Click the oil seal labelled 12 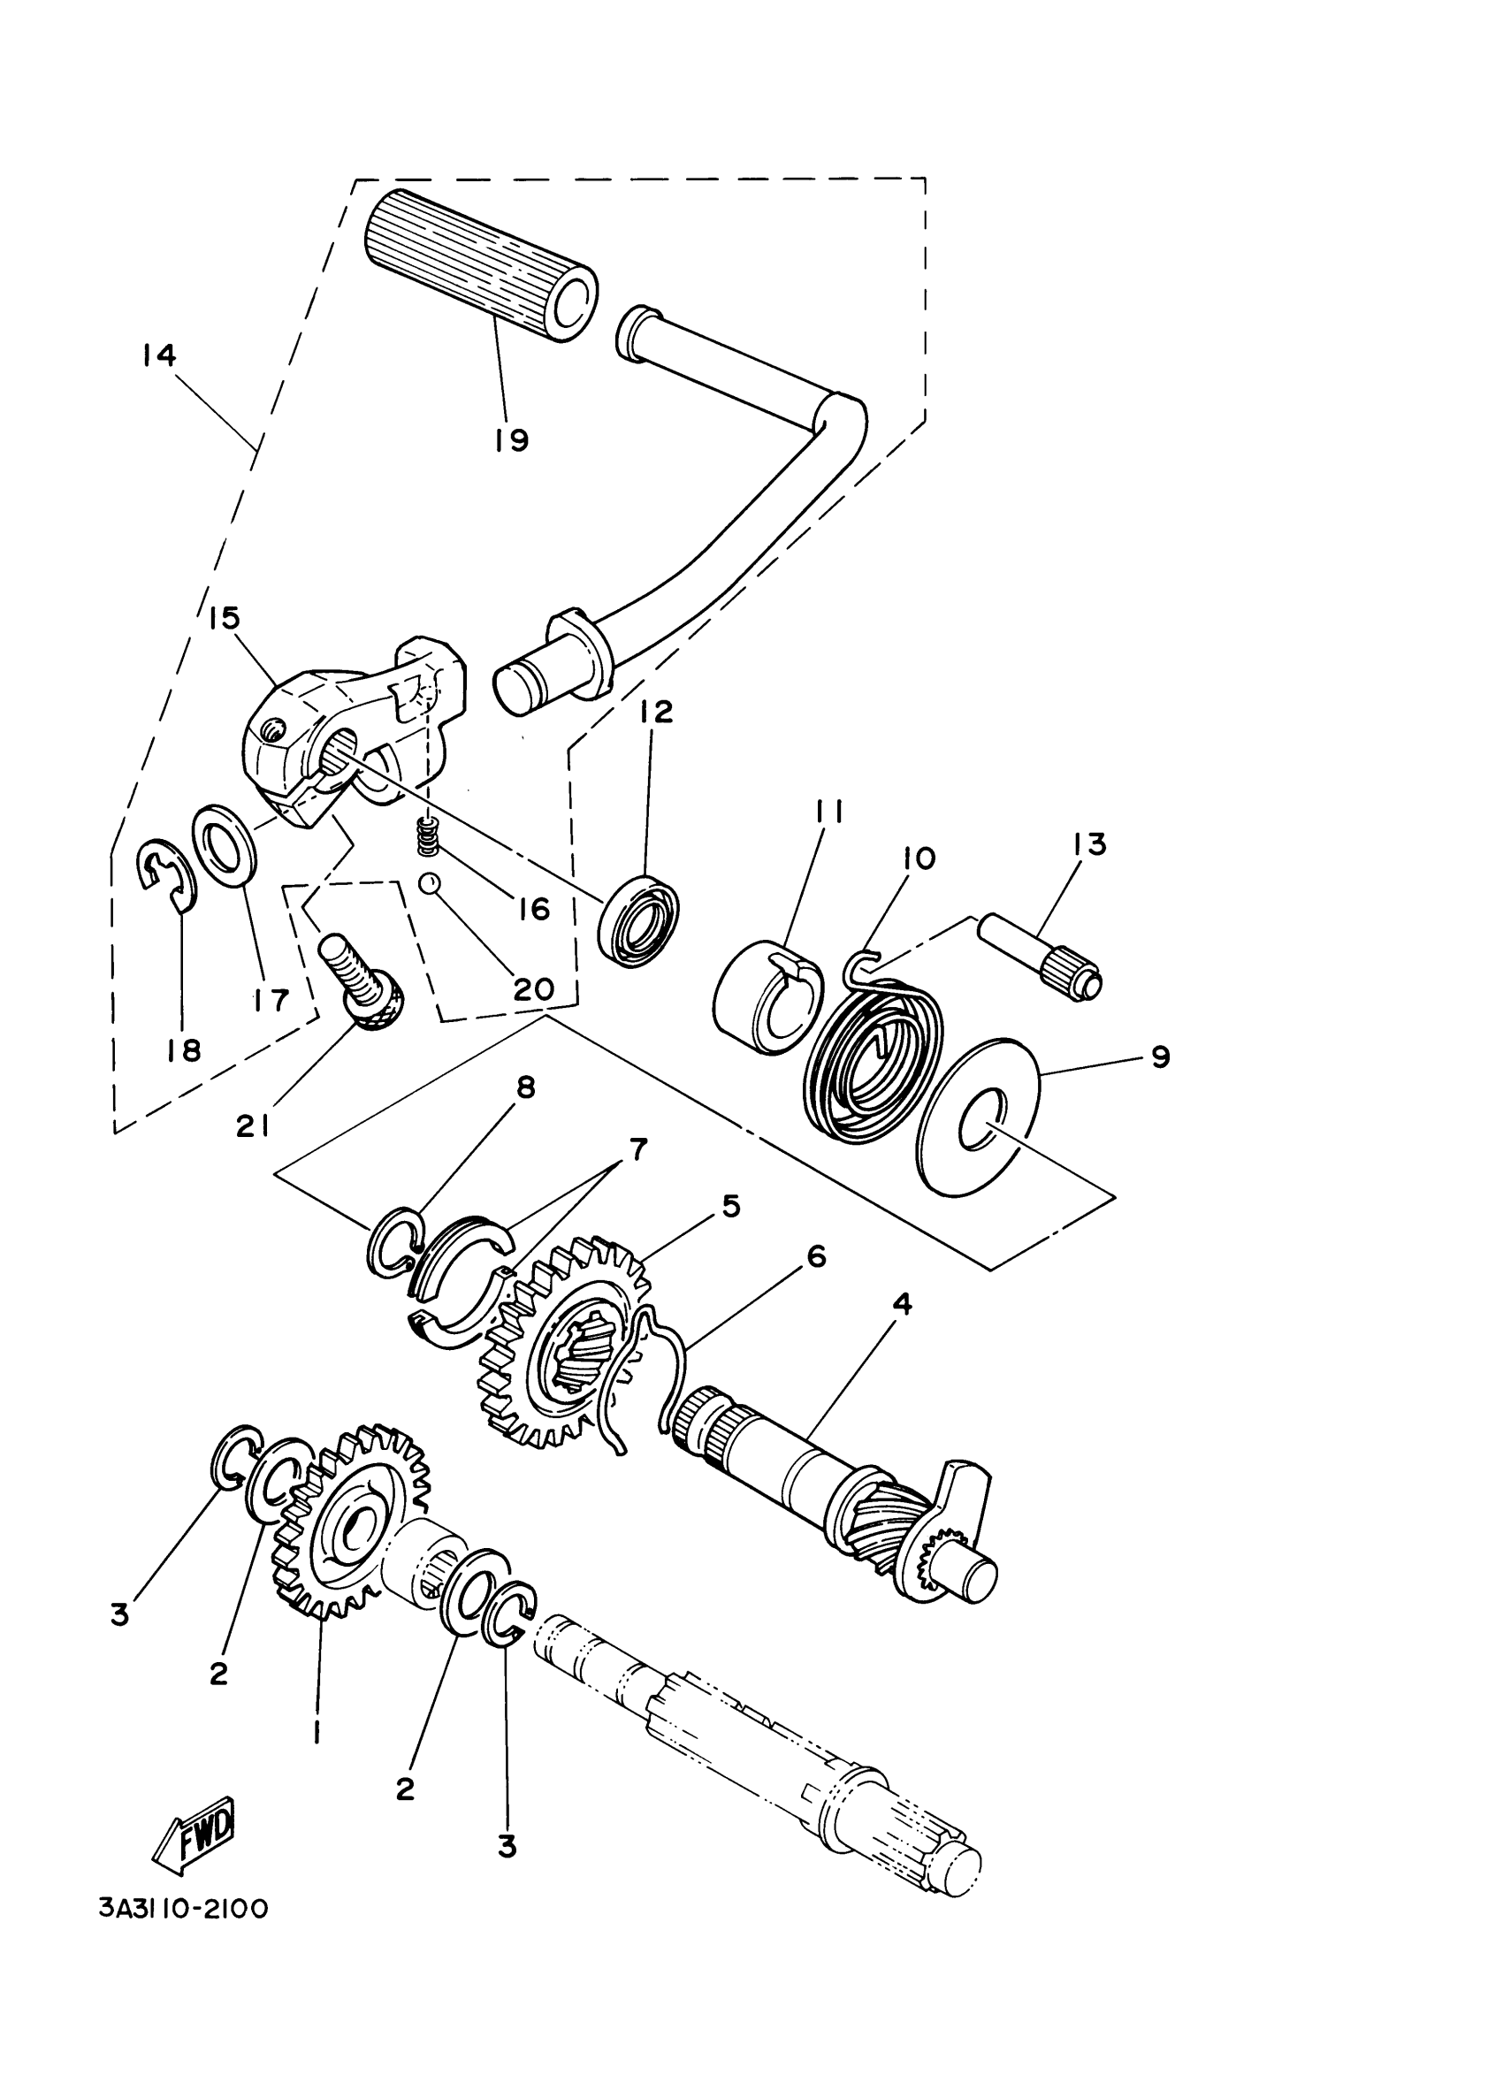pyautogui.click(x=641, y=920)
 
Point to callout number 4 pyautogui.click(x=902, y=1305)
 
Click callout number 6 pyautogui.click(x=816, y=1257)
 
